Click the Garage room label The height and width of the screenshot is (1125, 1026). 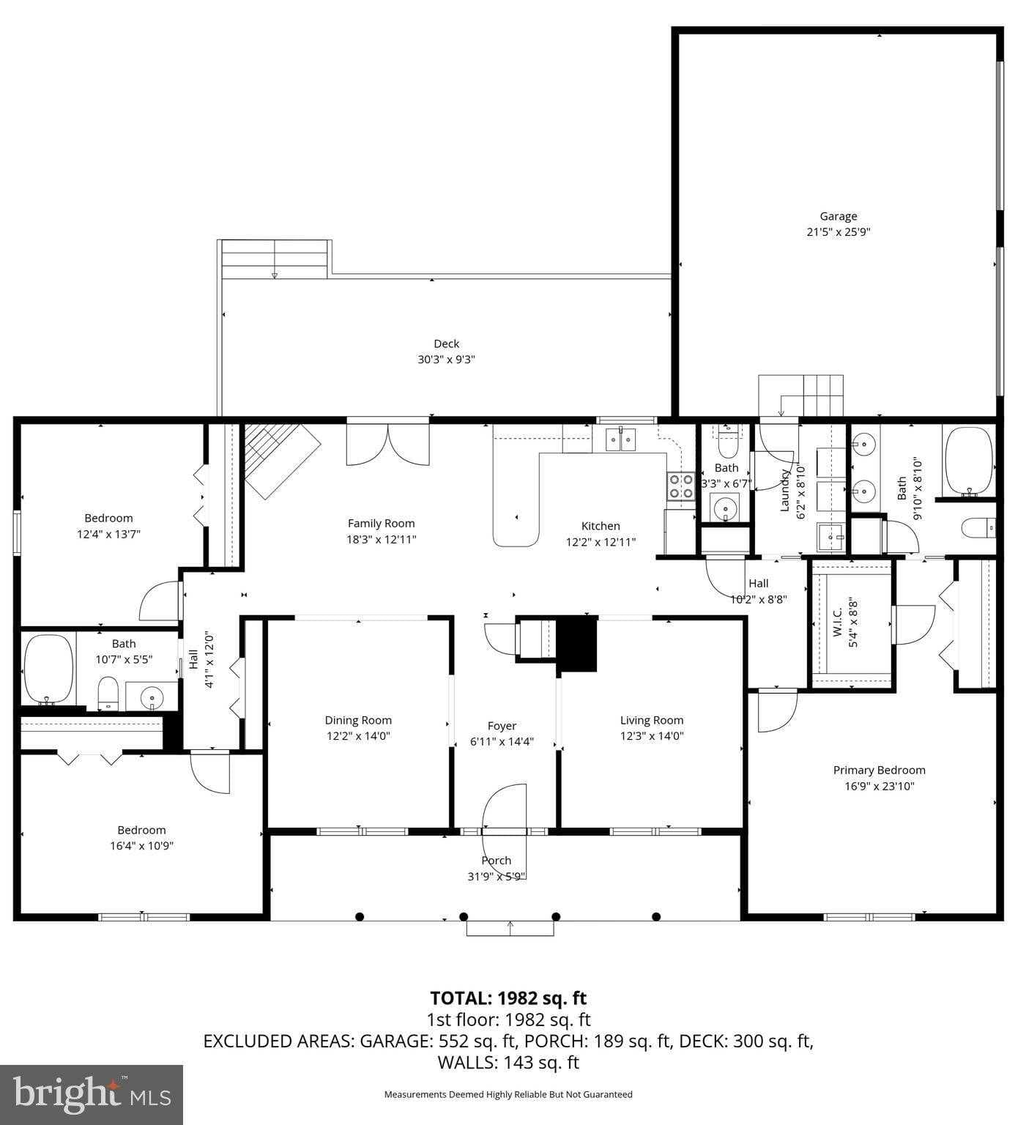click(838, 216)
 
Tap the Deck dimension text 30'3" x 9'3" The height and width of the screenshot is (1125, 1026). click(446, 360)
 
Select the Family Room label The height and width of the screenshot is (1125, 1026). click(381, 523)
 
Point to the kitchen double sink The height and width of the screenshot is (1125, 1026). click(620, 439)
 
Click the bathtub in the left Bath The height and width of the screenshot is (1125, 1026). click(49, 668)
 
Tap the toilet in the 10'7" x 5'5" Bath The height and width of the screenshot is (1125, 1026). click(108, 692)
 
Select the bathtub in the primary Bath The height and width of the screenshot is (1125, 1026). click(969, 462)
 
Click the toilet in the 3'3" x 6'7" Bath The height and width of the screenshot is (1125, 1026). click(728, 442)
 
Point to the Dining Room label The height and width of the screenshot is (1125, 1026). click(358, 720)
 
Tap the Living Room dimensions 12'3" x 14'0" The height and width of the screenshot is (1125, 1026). click(652, 736)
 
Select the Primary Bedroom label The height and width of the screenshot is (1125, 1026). click(879, 770)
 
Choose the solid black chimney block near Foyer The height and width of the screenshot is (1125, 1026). click(578, 644)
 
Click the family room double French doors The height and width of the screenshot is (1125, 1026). click(388, 443)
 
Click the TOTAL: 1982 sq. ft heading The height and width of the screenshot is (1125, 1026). click(508, 998)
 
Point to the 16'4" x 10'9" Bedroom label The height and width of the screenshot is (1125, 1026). click(141, 830)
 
